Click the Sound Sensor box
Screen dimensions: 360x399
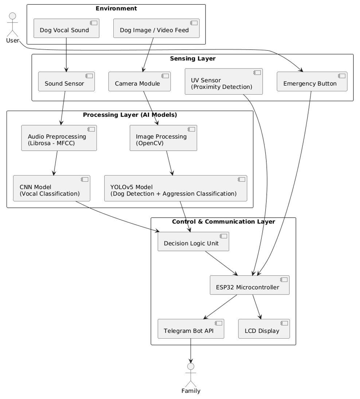point(66,82)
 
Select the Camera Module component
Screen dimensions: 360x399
point(139,82)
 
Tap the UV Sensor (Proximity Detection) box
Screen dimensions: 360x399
point(224,82)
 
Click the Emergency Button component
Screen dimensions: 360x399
point(312,82)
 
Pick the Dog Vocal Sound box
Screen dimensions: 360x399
point(66,28)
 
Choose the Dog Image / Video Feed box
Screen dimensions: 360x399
point(156,28)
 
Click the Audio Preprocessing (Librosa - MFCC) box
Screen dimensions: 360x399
point(59,138)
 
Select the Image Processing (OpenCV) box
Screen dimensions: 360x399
point(163,138)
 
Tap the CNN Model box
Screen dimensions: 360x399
point(51,188)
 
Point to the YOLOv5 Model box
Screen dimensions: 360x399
point(176,188)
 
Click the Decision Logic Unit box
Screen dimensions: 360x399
point(193,241)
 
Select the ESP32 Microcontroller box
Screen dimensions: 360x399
point(250,285)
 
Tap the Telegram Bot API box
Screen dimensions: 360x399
point(191,329)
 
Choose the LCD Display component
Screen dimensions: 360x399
point(264,329)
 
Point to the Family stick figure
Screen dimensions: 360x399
point(191,375)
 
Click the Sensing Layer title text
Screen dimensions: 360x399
point(193,59)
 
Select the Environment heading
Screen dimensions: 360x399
point(116,8)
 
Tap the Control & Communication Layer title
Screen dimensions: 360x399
point(223,222)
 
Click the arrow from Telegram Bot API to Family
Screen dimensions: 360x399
point(191,351)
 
